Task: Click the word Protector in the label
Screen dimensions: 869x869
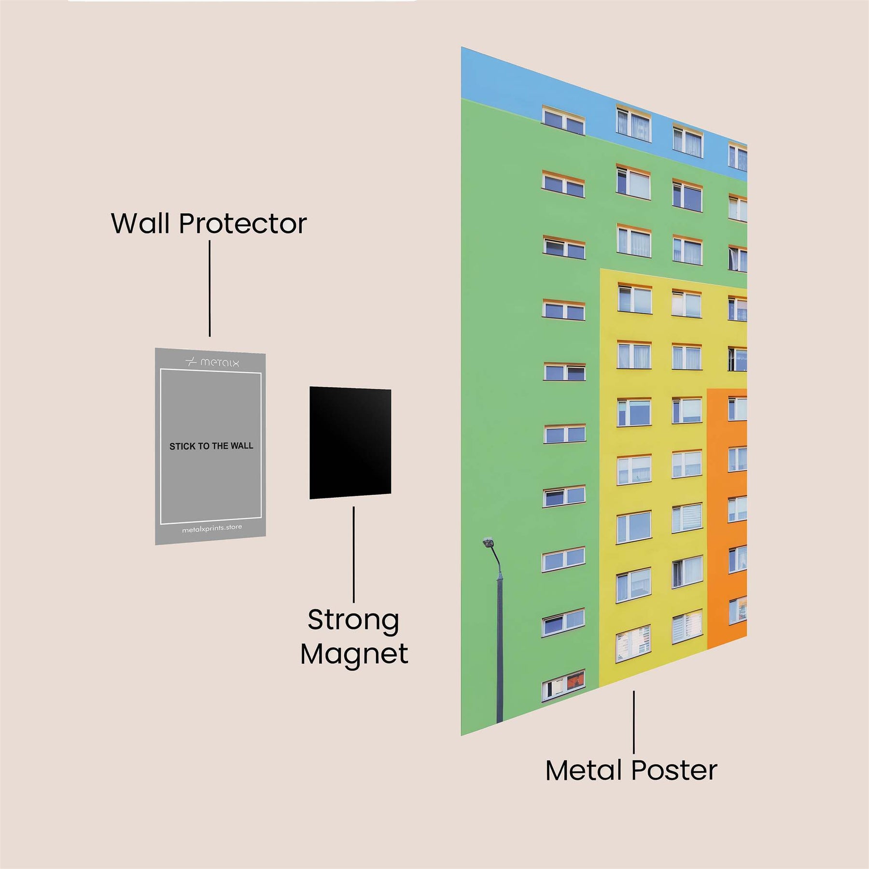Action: click(243, 224)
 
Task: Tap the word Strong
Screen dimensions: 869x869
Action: click(353, 620)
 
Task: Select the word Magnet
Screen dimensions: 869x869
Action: click(354, 654)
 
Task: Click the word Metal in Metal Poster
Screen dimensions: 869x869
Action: click(583, 771)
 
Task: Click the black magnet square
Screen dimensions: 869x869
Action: click(350, 442)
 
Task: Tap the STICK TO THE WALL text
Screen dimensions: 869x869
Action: click(211, 446)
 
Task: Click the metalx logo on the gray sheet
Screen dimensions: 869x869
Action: click(212, 362)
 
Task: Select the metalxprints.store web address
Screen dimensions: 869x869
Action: click(212, 528)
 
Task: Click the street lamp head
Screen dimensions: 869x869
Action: click(488, 543)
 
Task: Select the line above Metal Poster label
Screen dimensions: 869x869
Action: click(634, 721)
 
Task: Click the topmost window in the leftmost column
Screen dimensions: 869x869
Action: click(563, 120)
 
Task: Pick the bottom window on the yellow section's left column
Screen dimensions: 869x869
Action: click(633, 644)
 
